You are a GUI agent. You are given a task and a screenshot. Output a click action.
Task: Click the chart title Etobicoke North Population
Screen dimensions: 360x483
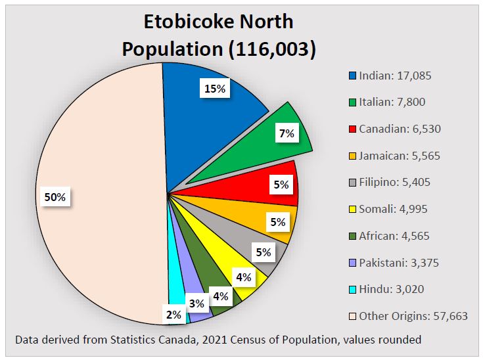pyautogui.click(x=219, y=35)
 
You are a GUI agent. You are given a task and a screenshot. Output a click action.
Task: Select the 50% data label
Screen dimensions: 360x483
pyautogui.click(x=55, y=197)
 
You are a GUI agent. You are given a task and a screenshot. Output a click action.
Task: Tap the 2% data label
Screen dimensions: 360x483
pyautogui.click(x=173, y=315)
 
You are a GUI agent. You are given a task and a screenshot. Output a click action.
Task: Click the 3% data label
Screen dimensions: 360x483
pyautogui.click(x=196, y=304)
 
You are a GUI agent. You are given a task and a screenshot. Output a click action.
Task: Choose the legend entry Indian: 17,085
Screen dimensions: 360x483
pyautogui.click(x=394, y=76)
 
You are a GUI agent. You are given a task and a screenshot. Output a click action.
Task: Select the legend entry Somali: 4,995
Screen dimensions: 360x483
pyautogui.click(x=394, y=209)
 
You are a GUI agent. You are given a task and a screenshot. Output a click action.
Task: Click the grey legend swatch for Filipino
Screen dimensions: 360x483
pyautogui.click(x=352, y=183)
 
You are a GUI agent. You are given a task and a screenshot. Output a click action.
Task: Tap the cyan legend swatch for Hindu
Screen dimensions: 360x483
pyautogui.click(x=352, y=290)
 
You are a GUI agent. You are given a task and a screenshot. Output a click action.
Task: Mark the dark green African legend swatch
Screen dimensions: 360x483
pyautogui.click(x=352, y=236)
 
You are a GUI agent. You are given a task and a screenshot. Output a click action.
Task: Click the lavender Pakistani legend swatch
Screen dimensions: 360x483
pyautogui.click(x=352, y=263)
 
